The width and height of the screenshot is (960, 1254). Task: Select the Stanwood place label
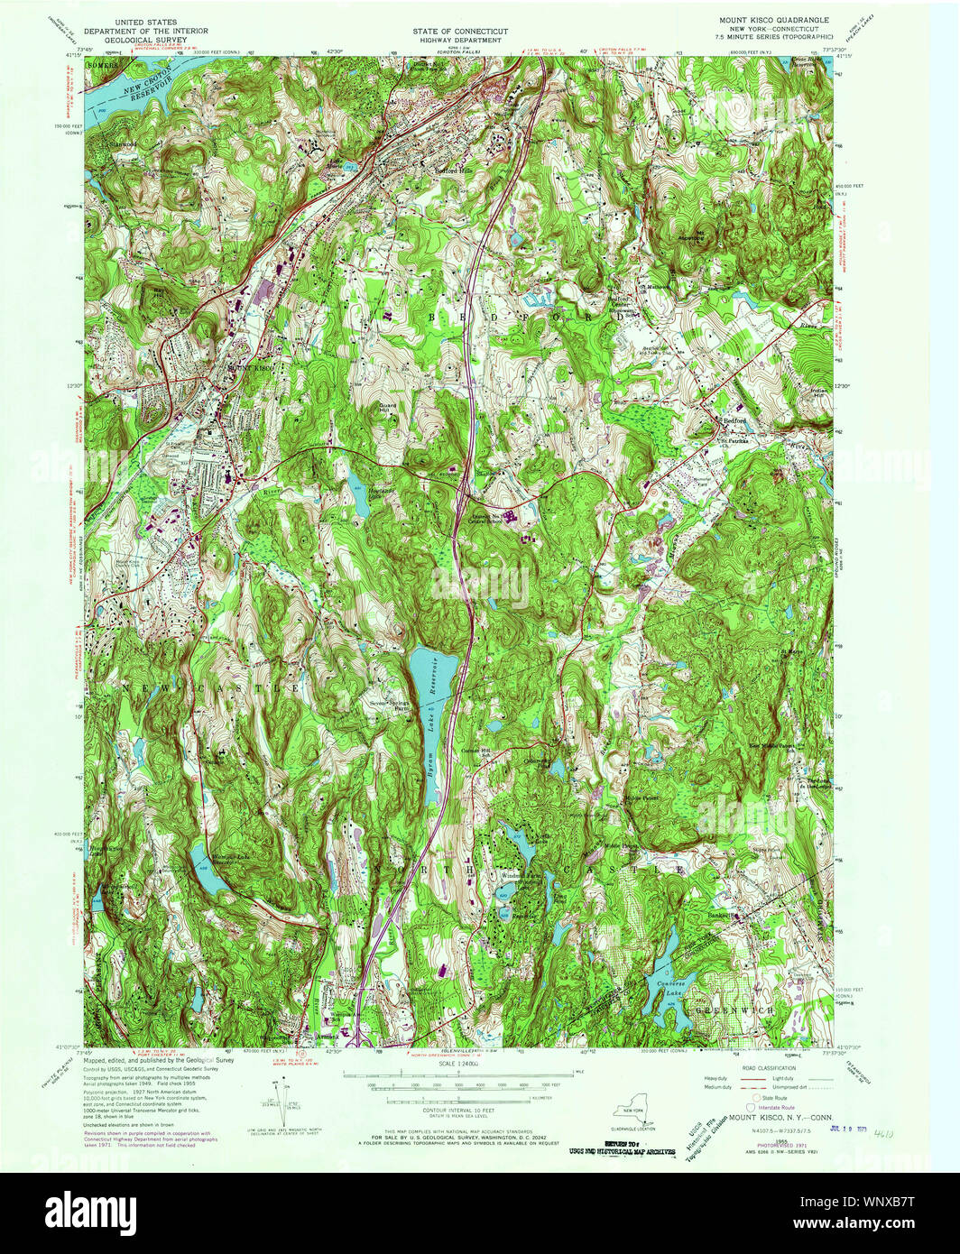[x=122, y=143]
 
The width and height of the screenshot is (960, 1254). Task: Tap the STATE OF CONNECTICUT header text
[x=460, y=32]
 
